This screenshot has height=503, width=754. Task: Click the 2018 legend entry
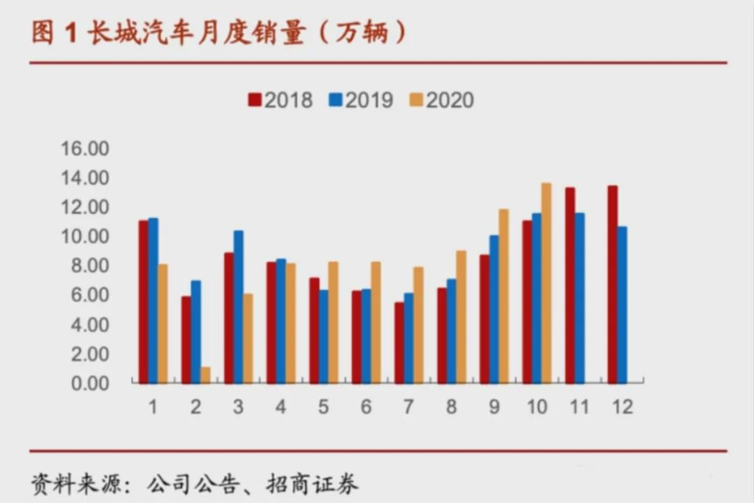pyautogui.click(x=280, y=100)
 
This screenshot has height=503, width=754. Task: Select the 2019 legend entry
pyautogui.click(x=361, y=100)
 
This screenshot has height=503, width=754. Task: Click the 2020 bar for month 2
pyautogui.click(x=205, y=375)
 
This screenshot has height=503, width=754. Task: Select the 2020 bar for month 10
pyautogui.click(x=546, y=283)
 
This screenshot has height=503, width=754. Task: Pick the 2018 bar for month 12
pyautogui.click(x=612, y=284)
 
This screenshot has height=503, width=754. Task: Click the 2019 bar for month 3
pyautogui.click(x=238, y=307)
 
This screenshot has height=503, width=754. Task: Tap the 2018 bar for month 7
pyautogui.click(x=399, y=342)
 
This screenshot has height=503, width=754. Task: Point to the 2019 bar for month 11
pyautogui.click(x=579, y=298)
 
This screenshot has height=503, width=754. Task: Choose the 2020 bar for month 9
pyautogui.click(x=503, y=296)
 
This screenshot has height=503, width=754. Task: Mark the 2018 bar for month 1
pyautogui.click(x=143, y=302)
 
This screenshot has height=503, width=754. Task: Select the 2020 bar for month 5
pyautogui.click(x=333, y=322)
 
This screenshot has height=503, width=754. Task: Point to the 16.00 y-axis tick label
pyautogui.click(x=85, y=149)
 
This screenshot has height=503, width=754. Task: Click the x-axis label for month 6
pyautogui.click(x=367, y=407)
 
